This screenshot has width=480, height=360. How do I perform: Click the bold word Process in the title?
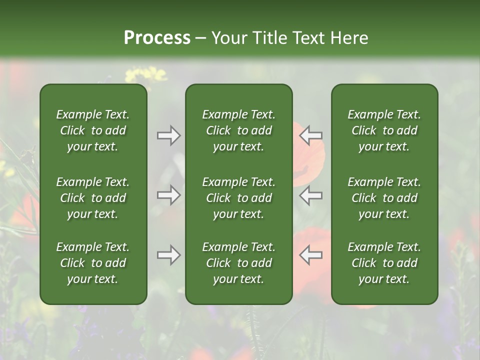157,38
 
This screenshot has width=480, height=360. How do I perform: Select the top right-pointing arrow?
168,135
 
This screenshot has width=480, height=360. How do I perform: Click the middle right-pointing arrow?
168,195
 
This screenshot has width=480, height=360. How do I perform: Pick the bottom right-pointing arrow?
168,255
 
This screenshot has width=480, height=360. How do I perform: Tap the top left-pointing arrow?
311,135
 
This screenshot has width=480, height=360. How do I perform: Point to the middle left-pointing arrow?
311,195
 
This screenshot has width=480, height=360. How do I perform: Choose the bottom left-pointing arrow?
311,255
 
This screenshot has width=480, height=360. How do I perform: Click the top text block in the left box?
93,130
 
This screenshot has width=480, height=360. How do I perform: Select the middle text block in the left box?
93,198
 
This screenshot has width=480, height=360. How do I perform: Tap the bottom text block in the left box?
93,263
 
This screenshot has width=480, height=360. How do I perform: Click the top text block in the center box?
239,130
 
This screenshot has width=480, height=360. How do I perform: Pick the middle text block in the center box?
239,198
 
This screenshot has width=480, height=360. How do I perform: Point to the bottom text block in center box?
239,263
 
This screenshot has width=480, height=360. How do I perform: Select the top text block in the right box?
384,130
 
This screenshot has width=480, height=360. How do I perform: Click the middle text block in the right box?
384,198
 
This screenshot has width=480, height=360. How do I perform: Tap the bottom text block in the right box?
384,263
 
